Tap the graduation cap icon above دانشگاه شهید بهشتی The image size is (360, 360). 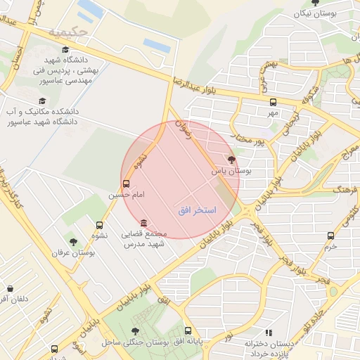(x=65, y=50)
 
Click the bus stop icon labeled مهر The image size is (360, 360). (x=273, y=102)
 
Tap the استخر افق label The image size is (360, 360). (x=197, y=211)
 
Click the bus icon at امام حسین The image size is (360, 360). (x=126, y=183)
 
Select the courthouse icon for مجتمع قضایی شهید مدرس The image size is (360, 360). (x=144, y=223)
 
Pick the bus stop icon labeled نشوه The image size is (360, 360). (x=99, y=226)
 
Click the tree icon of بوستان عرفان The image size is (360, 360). (x=73, y=242)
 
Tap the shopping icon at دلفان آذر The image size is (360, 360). (x=10, y=288)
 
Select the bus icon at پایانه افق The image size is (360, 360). (x=188, y=330)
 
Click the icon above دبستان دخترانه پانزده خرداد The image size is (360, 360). (x=268, y=333)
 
